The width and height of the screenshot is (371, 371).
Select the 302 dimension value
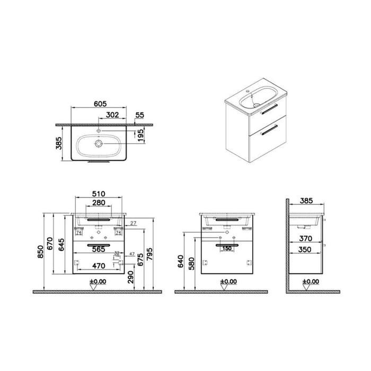pyautogui.click(x=112, y=115)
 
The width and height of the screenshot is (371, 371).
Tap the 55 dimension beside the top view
pyautogui.click(x=140, y=114)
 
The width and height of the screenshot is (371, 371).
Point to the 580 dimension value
pyautogui.click(x=196, y=263)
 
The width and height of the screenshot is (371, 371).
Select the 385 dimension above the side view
pyautogui.click(x=307, y=201)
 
